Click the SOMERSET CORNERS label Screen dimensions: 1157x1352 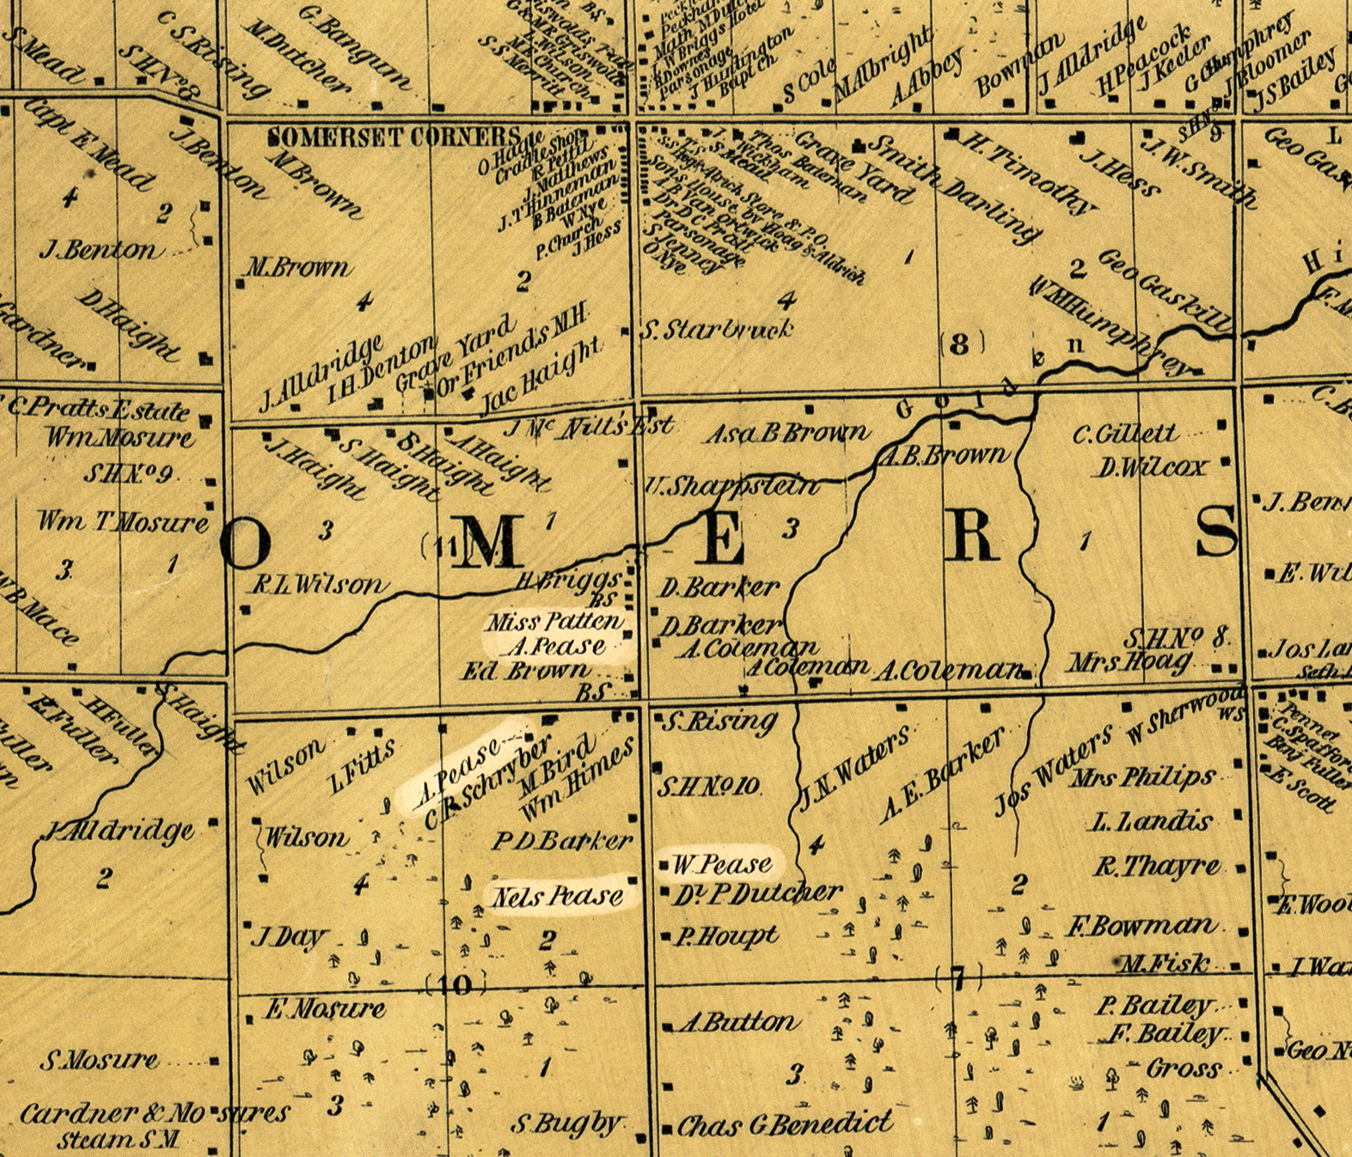tap(394, 137)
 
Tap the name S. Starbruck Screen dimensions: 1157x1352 tap(718, 330)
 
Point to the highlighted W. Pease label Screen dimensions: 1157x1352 tap(721, 864)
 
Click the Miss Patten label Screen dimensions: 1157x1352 tap(554, 622)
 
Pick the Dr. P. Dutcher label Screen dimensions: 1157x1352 tap(756, 894)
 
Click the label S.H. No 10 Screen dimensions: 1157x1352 tap(708, 787)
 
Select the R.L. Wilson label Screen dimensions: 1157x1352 tap(318, 585)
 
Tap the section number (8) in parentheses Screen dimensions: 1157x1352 tap(960, 344)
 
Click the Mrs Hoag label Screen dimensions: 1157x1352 tap(1130, 662)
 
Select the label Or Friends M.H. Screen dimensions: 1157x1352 tap(513, 351)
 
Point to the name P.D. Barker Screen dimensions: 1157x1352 tap(562, 841)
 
